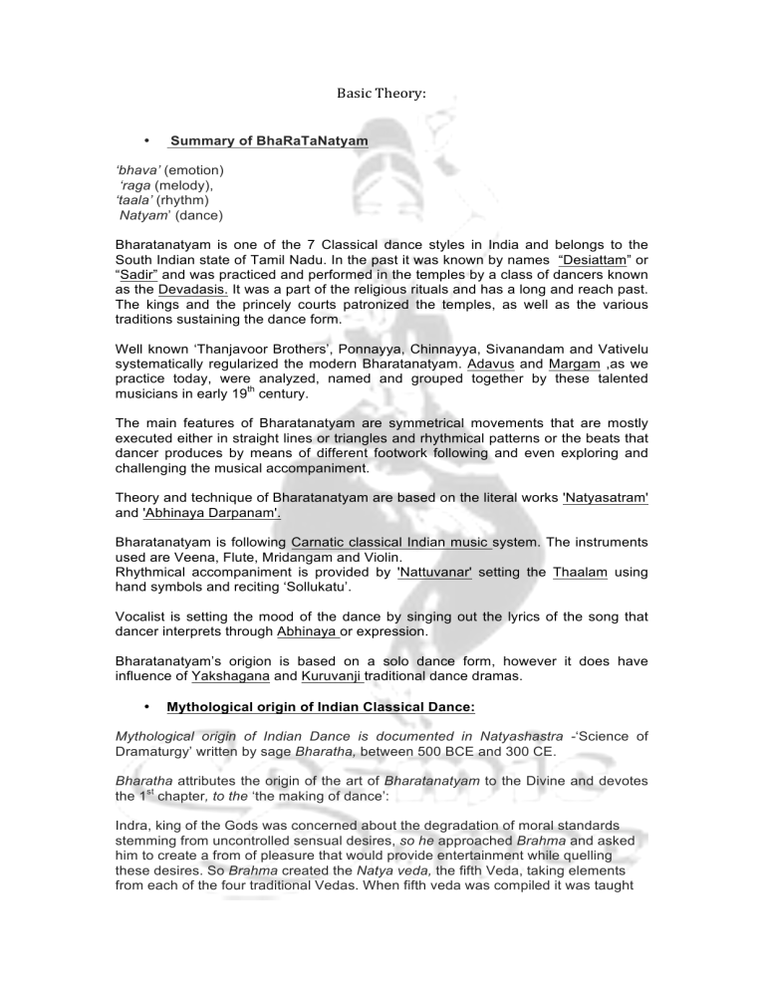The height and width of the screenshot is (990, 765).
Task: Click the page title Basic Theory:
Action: (382, 93)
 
